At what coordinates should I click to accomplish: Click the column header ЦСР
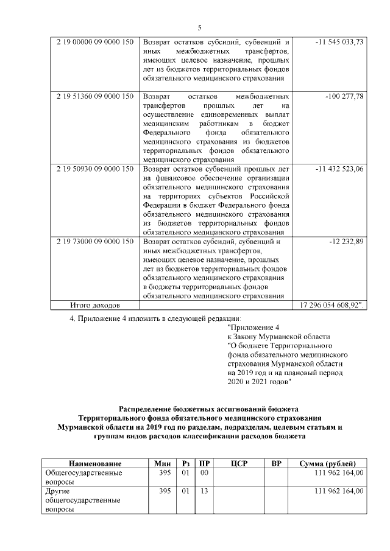[x=238, y=463]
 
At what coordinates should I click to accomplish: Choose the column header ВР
[x=275, y=463]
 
